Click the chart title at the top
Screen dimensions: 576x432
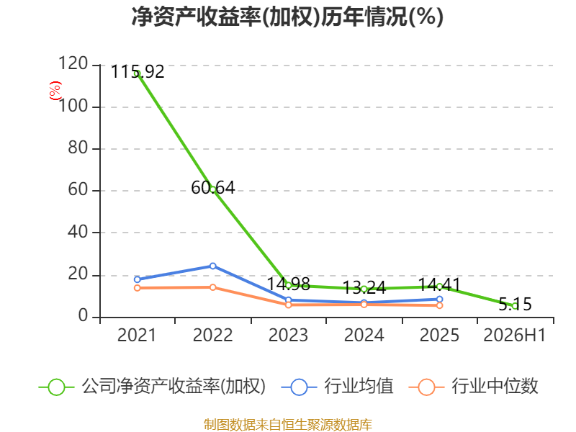(287, 17)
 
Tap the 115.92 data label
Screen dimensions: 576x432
(138, 71)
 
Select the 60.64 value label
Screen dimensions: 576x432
(212, 188)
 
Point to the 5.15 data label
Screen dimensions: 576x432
(515, 304)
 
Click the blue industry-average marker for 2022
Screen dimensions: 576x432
(212, 266)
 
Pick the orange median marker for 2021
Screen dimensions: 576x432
(138, 287)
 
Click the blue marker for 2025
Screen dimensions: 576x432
(439, 299)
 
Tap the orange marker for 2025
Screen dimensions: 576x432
(439, 305)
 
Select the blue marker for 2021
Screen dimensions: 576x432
(138, 279)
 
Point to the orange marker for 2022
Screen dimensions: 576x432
(212, 287)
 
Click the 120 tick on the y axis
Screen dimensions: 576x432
(73, 63)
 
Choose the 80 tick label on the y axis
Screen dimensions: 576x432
(78, 148)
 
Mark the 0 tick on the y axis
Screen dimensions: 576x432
(83, 315)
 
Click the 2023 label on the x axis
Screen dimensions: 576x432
(289, 335)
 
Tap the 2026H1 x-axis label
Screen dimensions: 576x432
(515, 335)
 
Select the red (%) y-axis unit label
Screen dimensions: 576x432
(55, 91)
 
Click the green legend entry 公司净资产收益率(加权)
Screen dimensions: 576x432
(152, 387)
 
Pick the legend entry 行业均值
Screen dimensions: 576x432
(337, 387)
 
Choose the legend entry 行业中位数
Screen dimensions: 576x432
(474, 387)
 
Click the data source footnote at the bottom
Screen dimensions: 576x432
(288, 424)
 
